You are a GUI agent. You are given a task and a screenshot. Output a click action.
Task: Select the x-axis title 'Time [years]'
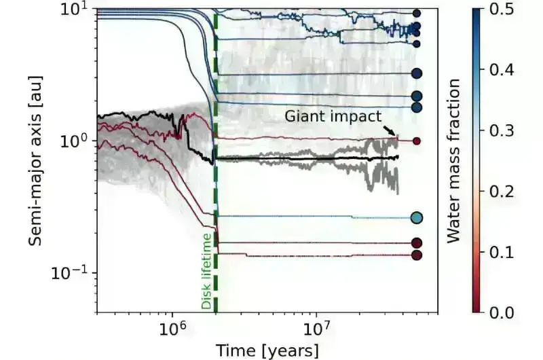(267, 350)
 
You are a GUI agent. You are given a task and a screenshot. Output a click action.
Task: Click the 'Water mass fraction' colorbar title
(455, 160)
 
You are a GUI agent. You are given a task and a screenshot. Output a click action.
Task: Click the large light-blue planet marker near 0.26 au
(417, 217)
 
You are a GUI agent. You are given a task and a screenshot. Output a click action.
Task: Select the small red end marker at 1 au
(417, 141)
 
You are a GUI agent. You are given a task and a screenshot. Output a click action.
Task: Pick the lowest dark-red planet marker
(417, 255)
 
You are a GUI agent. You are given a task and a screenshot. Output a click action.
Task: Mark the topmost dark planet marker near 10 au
(417, 13)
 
